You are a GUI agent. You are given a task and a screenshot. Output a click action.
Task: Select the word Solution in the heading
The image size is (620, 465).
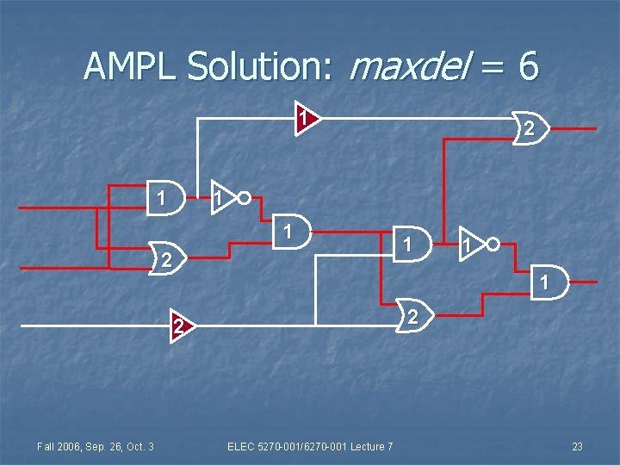pos(257,65)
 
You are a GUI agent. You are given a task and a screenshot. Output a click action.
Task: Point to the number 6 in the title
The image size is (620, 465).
pos(528,65)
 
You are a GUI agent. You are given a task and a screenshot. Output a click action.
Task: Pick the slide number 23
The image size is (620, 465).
pos(577,446)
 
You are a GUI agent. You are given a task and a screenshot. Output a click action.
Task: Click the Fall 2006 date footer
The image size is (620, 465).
pos(95,446)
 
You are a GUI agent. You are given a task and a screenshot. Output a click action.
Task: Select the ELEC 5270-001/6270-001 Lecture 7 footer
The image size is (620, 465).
pos(310,446)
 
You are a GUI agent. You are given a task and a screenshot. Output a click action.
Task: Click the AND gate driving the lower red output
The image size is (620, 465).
pos(549,282)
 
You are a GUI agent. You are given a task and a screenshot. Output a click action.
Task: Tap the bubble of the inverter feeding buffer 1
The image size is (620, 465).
pos(245,198)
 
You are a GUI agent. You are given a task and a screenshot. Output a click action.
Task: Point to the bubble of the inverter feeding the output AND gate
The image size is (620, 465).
pos(493,244)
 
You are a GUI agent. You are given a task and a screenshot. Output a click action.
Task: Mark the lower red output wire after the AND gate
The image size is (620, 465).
pos(584,282)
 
